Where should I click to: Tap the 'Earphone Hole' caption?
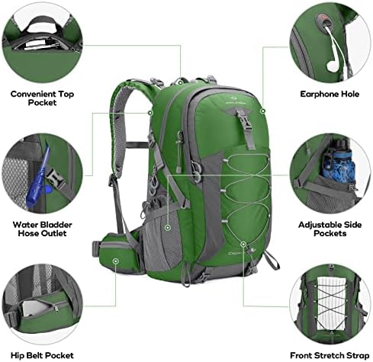click(x=331, y=95)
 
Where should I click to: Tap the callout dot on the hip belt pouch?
click(x=116, y=261)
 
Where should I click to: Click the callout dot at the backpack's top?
click(x=180, y=82)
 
